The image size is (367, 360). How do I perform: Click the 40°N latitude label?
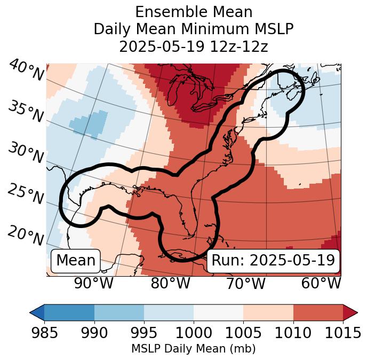(x=26, y=71)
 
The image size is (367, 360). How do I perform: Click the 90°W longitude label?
(x=94, y=283)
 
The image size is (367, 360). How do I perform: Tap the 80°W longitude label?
(x=170, y=283)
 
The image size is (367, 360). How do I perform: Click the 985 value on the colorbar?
(x=44, y=333)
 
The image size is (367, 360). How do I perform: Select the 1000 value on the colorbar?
(x=194, y=333)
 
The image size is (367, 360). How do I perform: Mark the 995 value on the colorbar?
(x=144, y=333)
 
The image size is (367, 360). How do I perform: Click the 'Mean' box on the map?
(x=76, y=261)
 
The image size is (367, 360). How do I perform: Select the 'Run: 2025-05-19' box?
(x=273, y=261)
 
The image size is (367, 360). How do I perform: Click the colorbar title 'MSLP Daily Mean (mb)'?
(x=193, y=349)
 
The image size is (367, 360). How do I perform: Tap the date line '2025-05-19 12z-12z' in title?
(x=193, y=46)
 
